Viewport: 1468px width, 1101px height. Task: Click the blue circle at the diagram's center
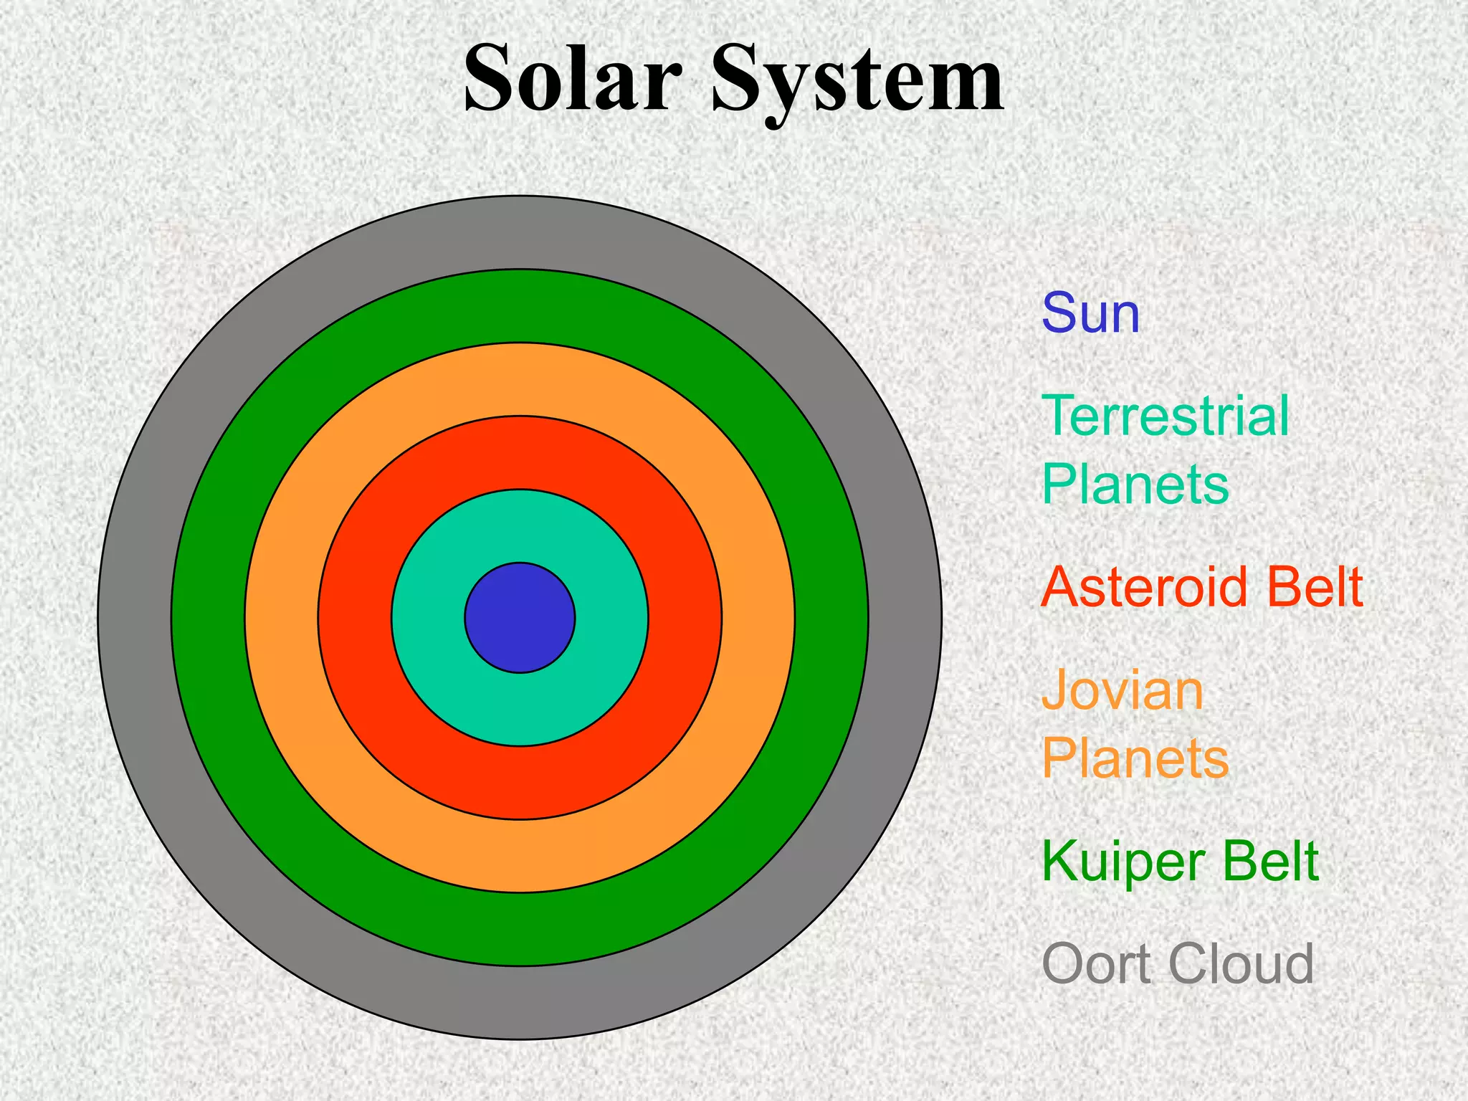[520, 617]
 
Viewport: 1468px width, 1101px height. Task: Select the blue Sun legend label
[1090, 314]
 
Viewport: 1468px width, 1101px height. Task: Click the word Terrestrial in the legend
[1165, 416]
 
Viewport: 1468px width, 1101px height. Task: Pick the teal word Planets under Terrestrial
[1135, 485]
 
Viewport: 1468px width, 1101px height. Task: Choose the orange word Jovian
[1122, 691]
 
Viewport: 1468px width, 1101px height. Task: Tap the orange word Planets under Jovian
[1135, 758]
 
